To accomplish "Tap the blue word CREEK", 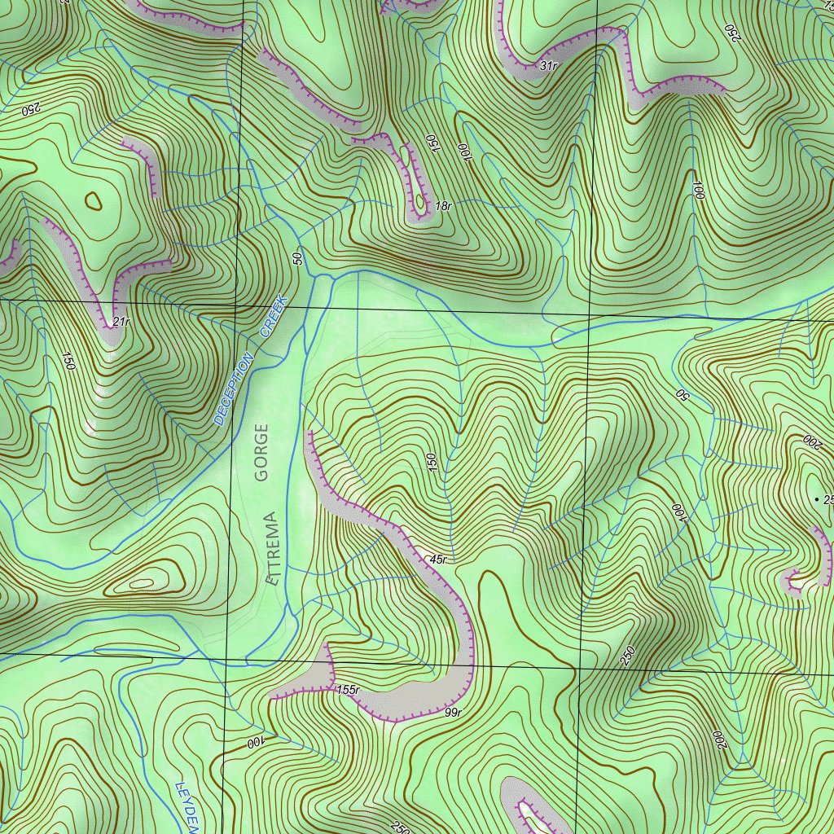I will click(x=274, y=317).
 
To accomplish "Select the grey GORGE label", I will click(x=261, y=454).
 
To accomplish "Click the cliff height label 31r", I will click(x=548, y=65).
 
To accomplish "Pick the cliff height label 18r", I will click(x=443, y=207).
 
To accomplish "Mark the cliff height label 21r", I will click(x=121, y=322).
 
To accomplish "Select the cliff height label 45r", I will click(x=438, y=560).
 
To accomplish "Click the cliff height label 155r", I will click(x=348, y=690).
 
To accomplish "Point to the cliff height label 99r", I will click(x=454, y=713).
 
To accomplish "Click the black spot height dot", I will click(x=817, y=498).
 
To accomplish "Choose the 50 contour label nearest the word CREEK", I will click(x=297, y=258).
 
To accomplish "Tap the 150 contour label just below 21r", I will click(x=68, y=362).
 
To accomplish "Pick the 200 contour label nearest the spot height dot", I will click(x=811, y=442).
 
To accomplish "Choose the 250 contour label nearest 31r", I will click(x=731, y=33).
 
